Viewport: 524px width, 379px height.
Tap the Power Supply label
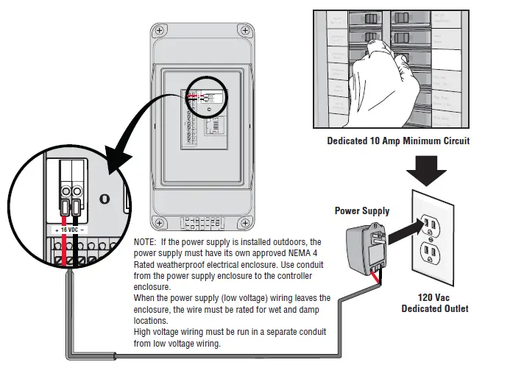tap(362, 210)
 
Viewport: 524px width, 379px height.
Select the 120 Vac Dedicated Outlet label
tap(434, 303)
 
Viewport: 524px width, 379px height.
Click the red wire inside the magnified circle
tap(65, 213)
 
